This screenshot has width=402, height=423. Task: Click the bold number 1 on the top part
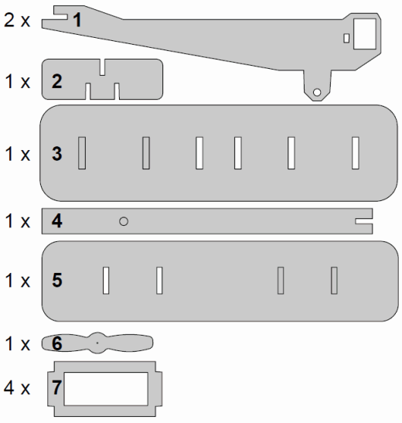(77, 19)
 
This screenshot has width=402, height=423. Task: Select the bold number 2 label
(57, 81)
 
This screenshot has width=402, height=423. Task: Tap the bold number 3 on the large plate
(57, 153)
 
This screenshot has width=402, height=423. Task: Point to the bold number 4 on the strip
(57, 220)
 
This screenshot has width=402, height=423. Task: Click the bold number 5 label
(57, 280)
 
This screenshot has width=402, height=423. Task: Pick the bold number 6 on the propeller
(57, 343)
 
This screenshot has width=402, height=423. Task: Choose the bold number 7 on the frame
(56, 387)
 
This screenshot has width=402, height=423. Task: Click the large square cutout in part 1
(365, 34)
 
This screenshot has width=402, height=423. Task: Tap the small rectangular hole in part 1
(346, 38)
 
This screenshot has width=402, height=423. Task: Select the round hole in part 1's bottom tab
(317, 92)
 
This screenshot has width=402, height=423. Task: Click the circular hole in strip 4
(124, 221)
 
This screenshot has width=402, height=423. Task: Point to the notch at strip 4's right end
(364, 221)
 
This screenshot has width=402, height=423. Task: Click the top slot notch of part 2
(102, 67)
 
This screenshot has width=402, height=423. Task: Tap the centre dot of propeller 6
(97, 343)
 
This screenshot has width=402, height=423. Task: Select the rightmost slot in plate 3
(356, 153)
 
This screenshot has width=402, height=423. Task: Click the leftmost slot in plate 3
(82, 153)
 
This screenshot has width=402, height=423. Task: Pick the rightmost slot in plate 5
(334, 280)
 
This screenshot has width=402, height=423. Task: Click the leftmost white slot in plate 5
(106, 280)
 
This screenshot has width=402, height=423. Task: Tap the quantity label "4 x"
(17, 387)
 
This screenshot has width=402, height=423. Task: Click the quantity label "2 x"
(17, 19)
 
